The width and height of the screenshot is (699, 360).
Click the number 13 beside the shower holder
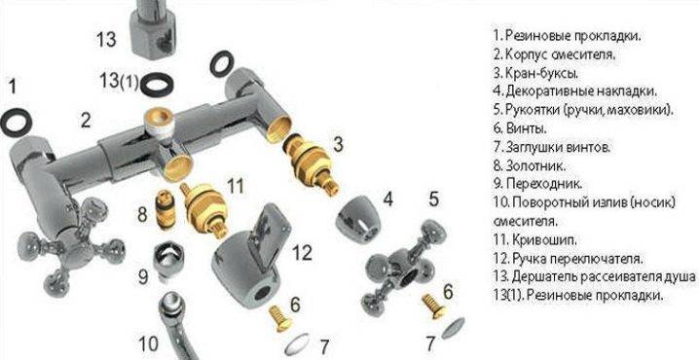[x=106, y=39]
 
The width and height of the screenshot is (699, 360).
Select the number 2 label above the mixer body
[x=86, y=121]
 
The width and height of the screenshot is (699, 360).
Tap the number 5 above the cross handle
[x=434, y=199]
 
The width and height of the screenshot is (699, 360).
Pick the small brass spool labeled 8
[x=165, y=209]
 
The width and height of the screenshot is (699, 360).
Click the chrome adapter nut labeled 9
[x=166, y=262]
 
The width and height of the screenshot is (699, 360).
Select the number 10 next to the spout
[x=148, y=344]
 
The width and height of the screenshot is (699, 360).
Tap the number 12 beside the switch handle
[x=302, y=253]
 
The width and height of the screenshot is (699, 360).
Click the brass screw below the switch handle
[x=280, y=318]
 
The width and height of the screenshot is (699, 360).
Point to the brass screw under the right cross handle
[x=434, y=306]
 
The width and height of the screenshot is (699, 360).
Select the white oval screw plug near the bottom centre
[x=297, y=343]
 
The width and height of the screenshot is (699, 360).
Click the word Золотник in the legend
[x=535, y=165]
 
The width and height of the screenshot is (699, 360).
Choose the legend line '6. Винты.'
[x=520, y=128]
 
